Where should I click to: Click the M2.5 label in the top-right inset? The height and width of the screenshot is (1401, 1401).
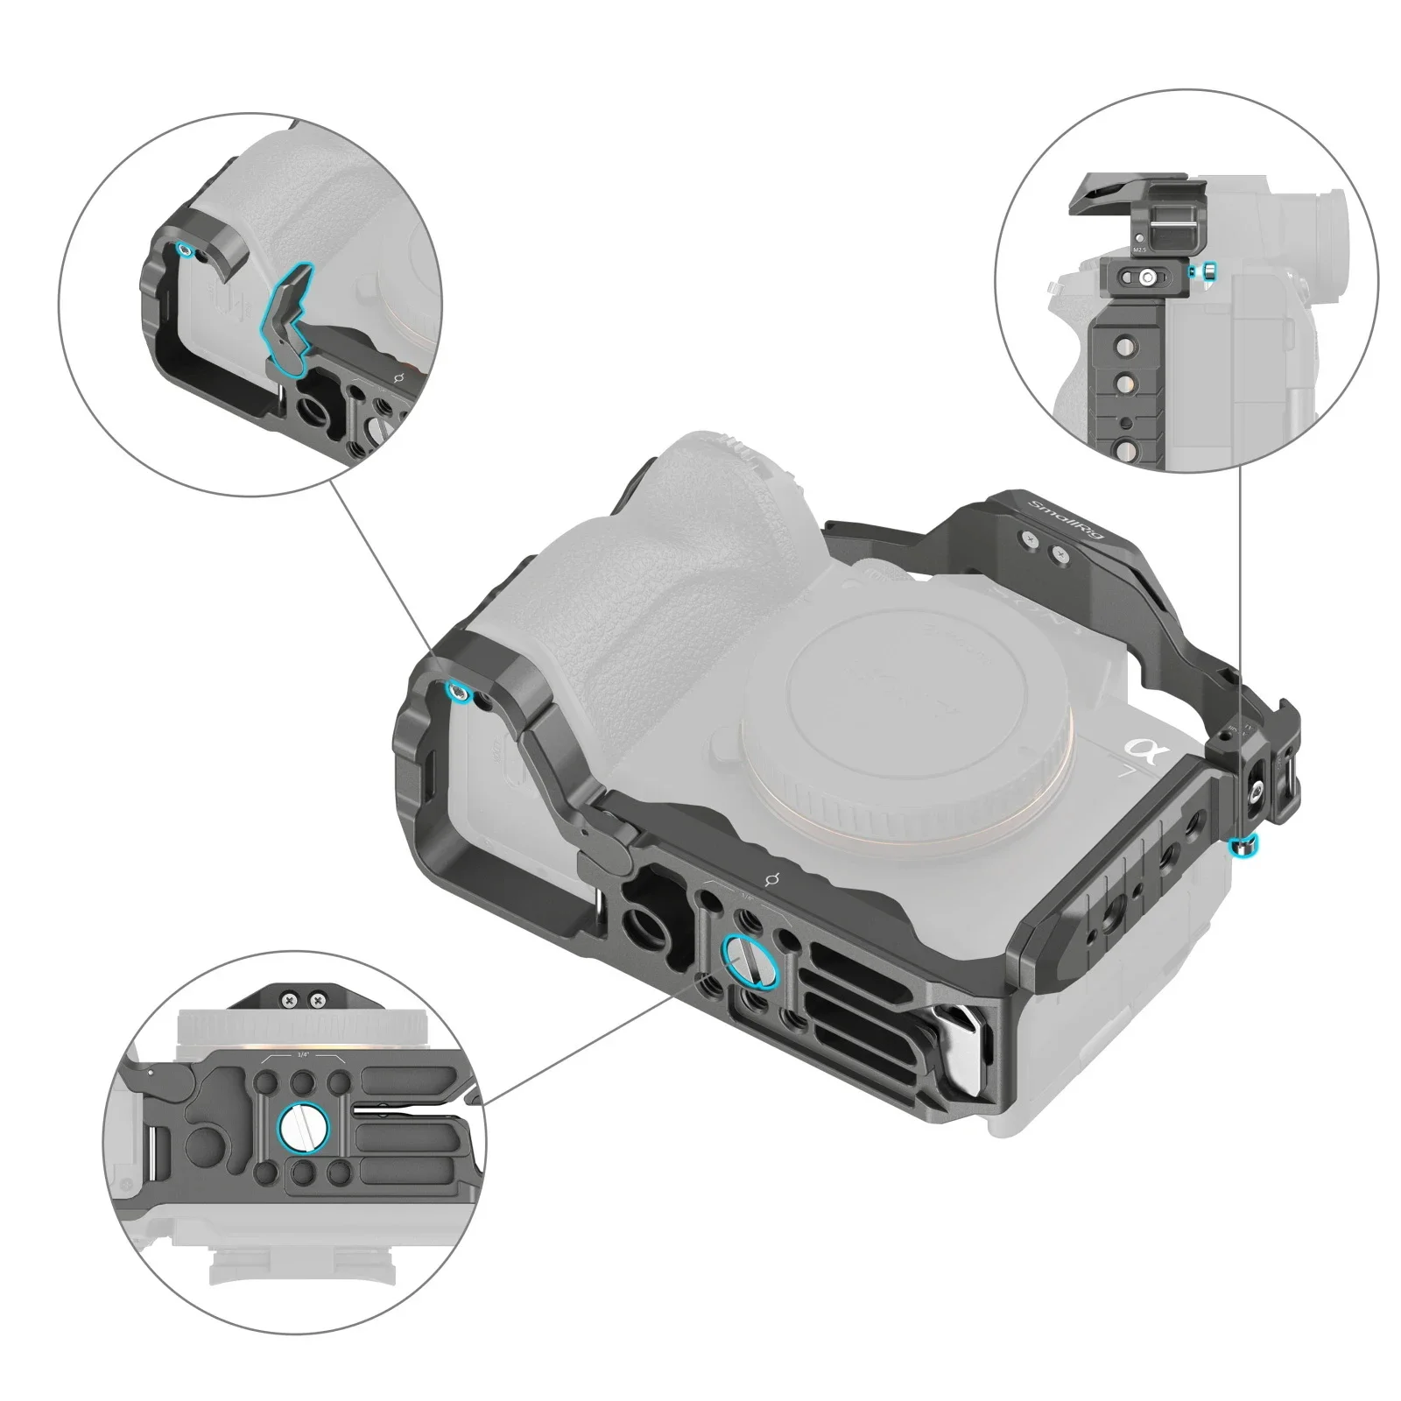click(1140, 250)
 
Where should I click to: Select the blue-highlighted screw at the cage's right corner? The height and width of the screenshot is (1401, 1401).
click(1243, 845)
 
